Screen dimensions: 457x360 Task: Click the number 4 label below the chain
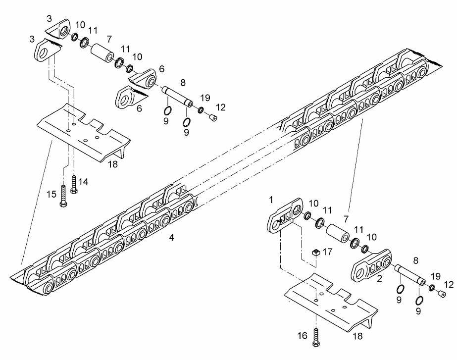(172, 238)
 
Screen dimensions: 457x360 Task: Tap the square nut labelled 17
(316, 253)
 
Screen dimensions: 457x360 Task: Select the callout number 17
(328, 252)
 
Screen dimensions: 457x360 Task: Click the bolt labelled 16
(316, 337)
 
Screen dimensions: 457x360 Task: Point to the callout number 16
(302, 336)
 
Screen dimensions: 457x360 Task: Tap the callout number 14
(83, 182)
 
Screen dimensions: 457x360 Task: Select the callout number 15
(51, 194)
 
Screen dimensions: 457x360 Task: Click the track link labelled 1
(285, 215)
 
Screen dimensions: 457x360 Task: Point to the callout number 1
(271, 200)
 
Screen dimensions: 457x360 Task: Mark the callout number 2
(379, 279)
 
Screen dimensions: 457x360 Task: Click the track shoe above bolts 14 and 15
(84, 133)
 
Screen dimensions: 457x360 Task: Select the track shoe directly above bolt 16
(331, 302)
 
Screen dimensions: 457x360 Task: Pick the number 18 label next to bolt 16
(357, 336)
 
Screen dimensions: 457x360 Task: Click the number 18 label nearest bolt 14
(113, 164)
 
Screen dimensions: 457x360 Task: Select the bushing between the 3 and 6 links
(102, 53)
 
